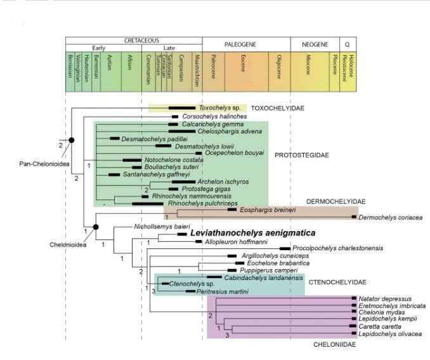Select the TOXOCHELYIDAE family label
coord(278,109)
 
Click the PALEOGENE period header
coord(245,44)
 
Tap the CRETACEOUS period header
coord(134,40)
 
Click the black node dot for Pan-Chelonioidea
coord(72,139)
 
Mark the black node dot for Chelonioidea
coord(96,227)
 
